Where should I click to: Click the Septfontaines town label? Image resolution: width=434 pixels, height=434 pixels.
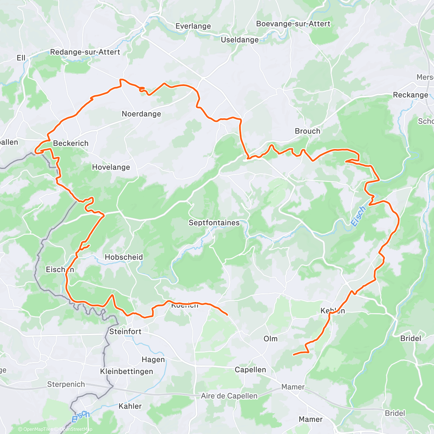click(214, 223)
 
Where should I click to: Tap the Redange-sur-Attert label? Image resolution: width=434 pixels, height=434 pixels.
click(85, 52)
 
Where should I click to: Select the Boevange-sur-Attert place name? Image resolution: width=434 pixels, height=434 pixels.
click(293, 24)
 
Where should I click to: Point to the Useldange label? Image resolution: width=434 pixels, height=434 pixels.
click(240, 40)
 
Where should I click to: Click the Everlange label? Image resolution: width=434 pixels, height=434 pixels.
click(193, 26)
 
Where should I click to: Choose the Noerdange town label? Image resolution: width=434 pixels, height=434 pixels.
click(141, 114)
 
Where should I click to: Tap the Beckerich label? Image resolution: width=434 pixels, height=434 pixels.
click(71, 143)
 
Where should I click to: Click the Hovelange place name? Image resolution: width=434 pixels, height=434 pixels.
click(111, 167)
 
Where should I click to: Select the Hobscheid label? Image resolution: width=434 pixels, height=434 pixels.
click(124, 257)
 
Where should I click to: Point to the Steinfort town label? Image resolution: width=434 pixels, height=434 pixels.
click(125, 331)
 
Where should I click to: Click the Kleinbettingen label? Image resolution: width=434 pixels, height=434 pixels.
click(127, 371)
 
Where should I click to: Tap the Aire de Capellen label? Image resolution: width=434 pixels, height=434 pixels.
click(229, 396)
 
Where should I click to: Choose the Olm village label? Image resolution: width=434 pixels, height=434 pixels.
click(271, 339)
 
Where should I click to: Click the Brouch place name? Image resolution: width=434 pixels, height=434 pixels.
click(307, 131)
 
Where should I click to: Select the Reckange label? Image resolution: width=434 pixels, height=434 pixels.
click(410, 95)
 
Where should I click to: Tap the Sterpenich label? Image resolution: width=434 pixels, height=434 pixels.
click(66, 384)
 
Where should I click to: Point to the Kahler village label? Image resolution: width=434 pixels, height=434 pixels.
click(130, 406)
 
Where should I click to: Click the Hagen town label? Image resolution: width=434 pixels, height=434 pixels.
click(153, 359)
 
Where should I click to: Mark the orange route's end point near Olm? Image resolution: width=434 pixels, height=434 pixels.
click(293, 354)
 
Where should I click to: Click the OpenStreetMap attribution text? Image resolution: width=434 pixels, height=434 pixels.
click(76, 429)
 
